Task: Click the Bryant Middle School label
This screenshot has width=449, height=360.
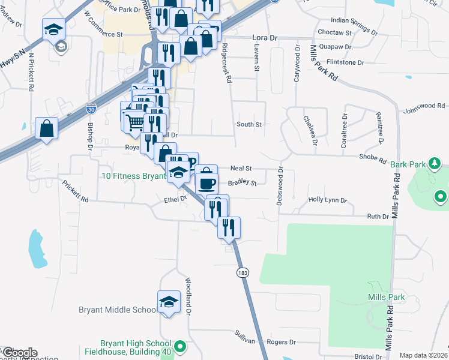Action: click(x=118, y=310)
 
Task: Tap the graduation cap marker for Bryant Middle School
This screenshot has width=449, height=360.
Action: click(x=169, y=302)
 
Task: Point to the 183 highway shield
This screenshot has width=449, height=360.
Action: click(x=243, y=273)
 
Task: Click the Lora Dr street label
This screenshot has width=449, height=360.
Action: click(x=264, y=37)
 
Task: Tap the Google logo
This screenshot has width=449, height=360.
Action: click(x=19, y=353)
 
